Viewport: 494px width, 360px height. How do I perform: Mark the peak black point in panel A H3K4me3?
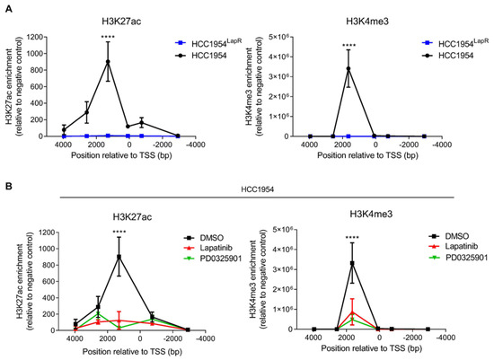point(348,67)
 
